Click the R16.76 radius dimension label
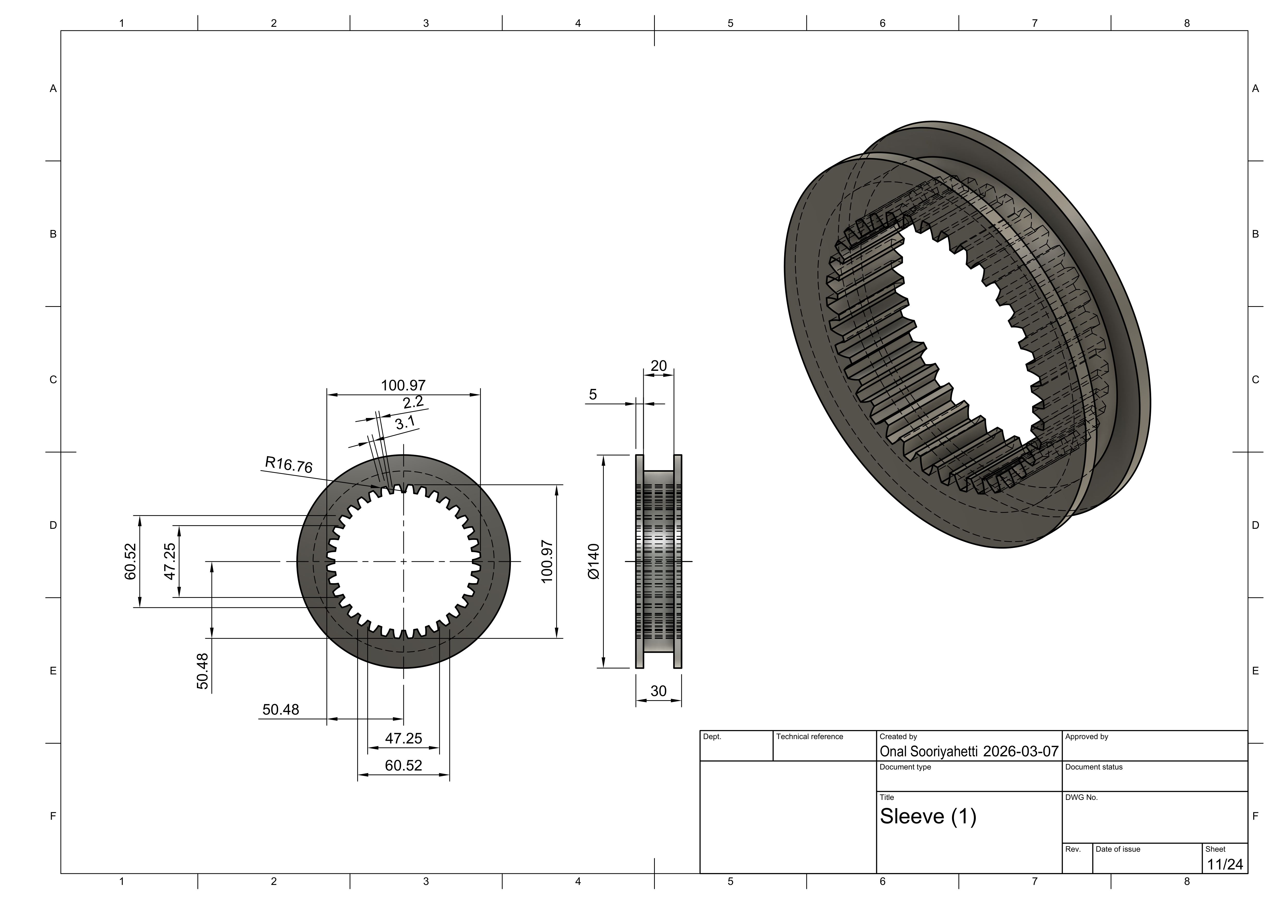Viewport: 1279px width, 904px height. [x=289, y=465]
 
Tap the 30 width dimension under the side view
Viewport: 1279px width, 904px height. [x=658, y=691]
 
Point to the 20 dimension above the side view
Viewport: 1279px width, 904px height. [x=658, y=366]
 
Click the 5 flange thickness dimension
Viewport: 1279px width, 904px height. [x=593, y=394]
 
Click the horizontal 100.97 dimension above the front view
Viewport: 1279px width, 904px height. [x=403, y=385]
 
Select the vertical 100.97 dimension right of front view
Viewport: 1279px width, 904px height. [x=547, y=562]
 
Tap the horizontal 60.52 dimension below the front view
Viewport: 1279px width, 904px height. [x=403, y=765]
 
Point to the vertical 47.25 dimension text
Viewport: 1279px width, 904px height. [x=170, y=562]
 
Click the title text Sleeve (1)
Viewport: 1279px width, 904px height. [x=928, y=817]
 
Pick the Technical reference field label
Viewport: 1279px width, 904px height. [x=809, y=736]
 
